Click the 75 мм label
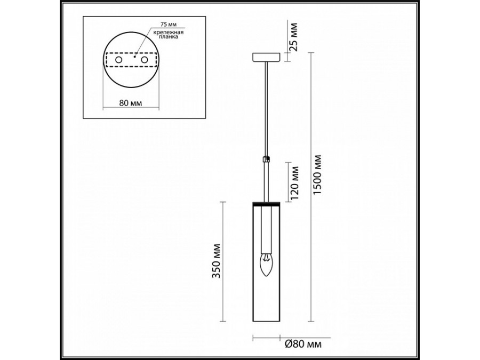[x=169, y=24]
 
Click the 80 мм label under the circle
[x=131, y=103]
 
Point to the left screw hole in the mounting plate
[x=118, y=60]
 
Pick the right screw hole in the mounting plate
[x=144, y=60]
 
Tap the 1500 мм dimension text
[x=318, y=175]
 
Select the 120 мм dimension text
[x=294, y=183]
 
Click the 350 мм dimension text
[x=217, y=261]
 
